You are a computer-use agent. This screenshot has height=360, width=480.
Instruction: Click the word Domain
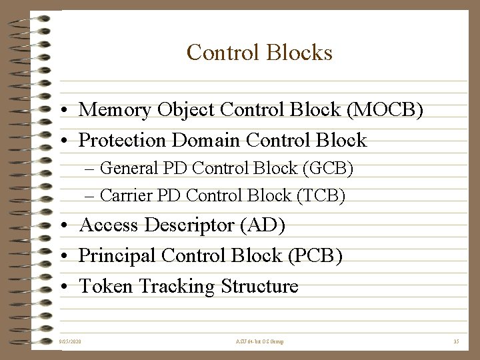point(206,140)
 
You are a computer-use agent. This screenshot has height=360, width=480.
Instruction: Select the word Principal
point(117,256)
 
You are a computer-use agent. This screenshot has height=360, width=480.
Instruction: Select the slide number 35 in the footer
point(456,341)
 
